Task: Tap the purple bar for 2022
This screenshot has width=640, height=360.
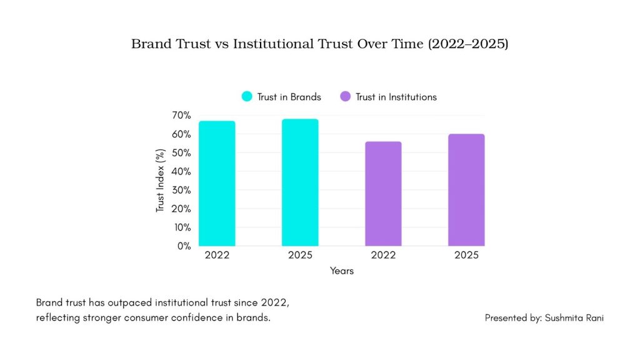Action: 383,193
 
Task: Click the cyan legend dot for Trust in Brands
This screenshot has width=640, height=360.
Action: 247,97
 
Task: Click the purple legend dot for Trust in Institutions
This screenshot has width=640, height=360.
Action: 345,97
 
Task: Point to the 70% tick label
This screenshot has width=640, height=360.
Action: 181,116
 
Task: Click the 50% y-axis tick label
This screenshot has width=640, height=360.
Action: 181,153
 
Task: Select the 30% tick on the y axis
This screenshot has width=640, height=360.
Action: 181,190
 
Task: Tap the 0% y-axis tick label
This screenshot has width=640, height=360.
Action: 184,246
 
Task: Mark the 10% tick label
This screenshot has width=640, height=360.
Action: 181,227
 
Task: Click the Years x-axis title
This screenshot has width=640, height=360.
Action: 342,271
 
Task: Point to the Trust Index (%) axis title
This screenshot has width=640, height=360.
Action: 161,181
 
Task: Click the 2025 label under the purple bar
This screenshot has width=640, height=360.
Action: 466,256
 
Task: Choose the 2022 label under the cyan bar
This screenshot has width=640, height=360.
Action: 217,256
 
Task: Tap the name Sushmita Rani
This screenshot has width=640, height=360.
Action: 574,318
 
